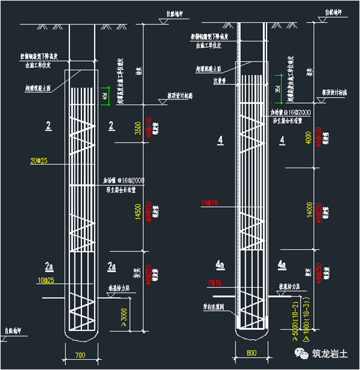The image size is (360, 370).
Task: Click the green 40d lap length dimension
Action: pos(104,95)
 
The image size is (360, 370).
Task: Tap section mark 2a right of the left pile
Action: pos(111,265)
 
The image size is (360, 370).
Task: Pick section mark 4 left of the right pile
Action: pos(221,140)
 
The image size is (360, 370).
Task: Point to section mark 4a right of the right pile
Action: pos(282,264)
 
